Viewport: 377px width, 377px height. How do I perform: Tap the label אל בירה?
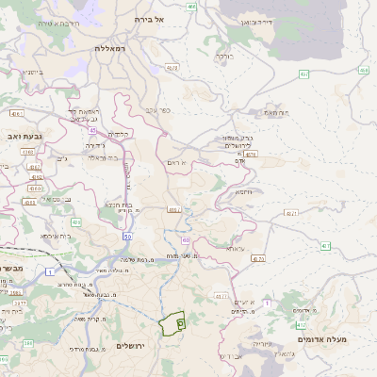pyautogui.click(x=149, y=19)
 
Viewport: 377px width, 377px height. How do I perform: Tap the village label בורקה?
pyautogui.click(x=224, y=56)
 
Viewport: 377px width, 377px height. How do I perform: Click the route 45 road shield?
pyautogui.click(x=93, y=130)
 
